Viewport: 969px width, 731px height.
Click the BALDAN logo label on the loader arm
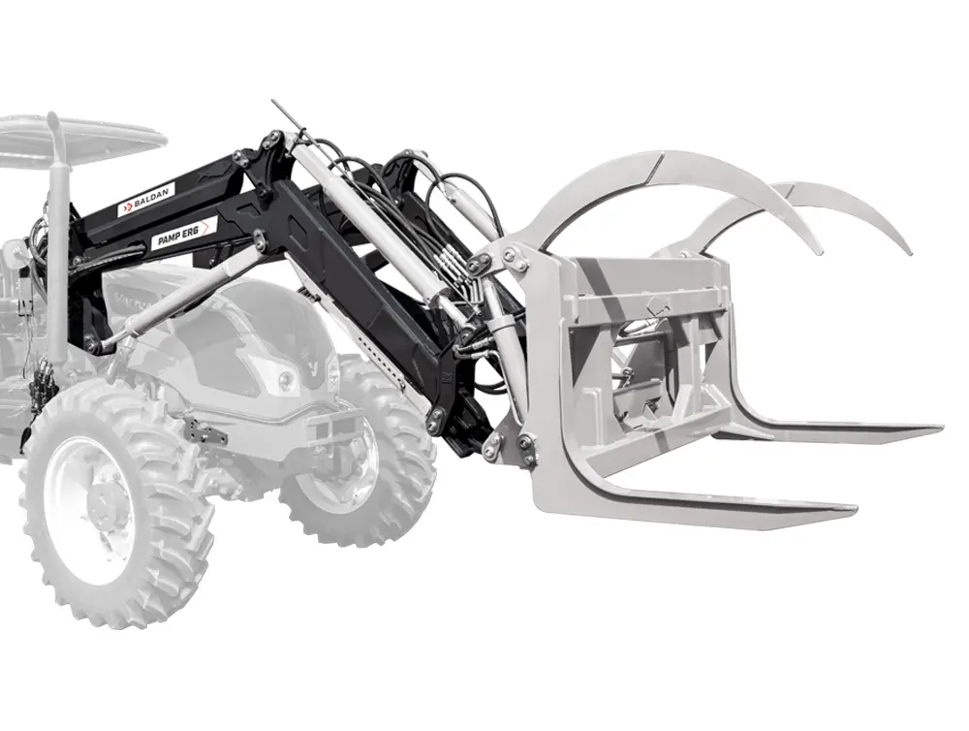point(147,199)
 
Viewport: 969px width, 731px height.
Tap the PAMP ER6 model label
point(183,233)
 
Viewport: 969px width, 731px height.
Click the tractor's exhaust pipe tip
point(52,118)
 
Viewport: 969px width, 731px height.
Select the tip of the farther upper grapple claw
point(909,250)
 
